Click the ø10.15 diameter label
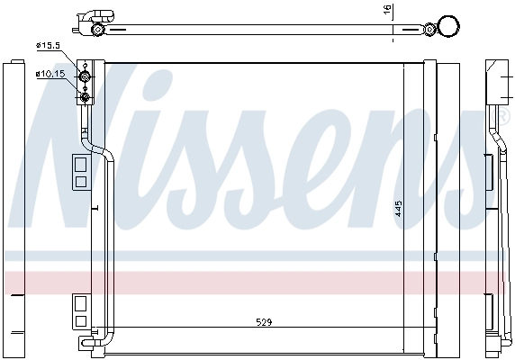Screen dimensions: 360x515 [x=49, y=74]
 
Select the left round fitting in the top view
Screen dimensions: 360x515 [x=98, y=31]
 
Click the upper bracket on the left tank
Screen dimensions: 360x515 [x=79, y=170]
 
